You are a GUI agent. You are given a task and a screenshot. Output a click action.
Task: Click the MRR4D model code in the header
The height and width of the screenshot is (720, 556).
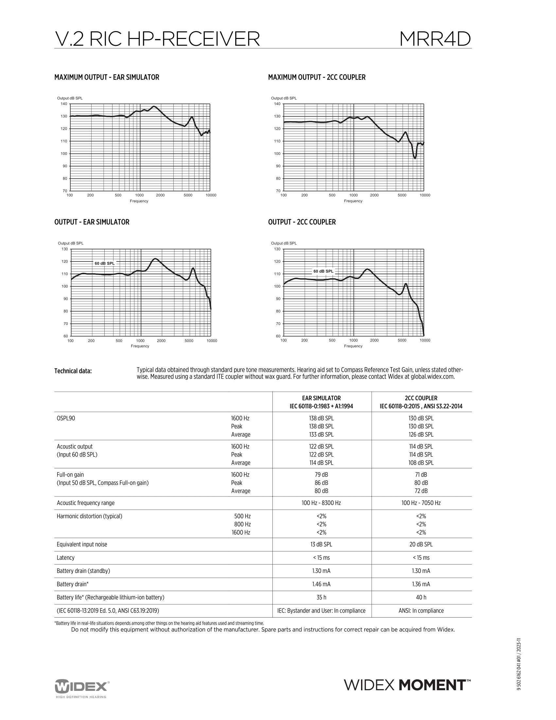point(435,39)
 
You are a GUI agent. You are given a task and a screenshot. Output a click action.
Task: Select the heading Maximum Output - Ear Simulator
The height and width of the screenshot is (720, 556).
point(107,77)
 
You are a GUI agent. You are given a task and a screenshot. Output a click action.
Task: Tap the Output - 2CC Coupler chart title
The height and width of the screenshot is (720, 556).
point(302,222)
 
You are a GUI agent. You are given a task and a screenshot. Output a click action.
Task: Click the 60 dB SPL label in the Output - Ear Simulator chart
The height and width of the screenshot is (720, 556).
point(105,263)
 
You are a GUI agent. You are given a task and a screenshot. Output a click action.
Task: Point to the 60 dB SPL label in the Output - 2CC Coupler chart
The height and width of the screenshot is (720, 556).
point(323,271)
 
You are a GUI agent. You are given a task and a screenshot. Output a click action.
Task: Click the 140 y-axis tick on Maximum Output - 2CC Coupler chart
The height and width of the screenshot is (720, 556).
point(277,104)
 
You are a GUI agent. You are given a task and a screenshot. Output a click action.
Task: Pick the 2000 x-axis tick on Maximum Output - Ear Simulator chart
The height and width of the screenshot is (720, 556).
point(160,195)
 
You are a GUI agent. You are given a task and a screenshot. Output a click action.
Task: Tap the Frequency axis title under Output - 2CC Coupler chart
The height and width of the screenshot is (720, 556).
point(353,346)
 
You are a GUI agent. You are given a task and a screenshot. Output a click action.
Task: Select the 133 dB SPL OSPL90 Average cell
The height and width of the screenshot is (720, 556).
point(321,435)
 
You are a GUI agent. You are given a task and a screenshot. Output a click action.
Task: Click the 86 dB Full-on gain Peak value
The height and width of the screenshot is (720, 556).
point(321,483)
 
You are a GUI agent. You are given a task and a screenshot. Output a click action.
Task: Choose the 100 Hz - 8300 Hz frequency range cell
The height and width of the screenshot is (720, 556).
point(321,503)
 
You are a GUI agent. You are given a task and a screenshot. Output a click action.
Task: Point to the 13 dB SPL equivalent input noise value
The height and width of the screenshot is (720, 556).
point(321,544)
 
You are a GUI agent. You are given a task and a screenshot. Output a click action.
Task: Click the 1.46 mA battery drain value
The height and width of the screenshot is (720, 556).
point(321,584)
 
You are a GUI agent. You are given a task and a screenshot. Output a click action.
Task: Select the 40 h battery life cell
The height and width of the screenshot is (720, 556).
point(421,597)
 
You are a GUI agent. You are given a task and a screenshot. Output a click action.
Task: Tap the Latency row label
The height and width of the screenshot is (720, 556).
point(65,557)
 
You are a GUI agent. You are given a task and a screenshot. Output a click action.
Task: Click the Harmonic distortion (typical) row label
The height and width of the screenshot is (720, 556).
point(89,516)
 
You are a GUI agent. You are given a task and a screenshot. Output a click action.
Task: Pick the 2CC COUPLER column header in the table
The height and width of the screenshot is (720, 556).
point(421,398)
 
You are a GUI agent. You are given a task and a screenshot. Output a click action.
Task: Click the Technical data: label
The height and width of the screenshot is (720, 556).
point(73,371)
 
